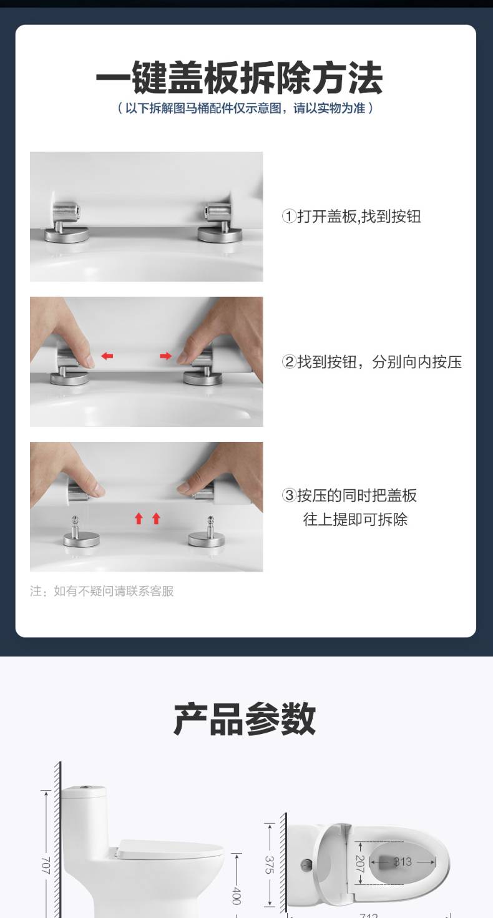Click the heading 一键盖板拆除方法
[x=240, y=77]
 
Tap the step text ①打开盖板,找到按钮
[x=351, y=217]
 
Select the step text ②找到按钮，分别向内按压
[x=372, y=362]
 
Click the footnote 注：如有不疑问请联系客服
[x=102, y=591]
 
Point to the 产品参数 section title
[x=245, y=719]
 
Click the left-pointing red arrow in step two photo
[x=107, y=356]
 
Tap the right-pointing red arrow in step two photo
[x=165, y=356]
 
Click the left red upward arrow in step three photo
[x=139, y=519]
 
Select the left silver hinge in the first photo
[x=66, y=222]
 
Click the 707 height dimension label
[x=46, y=865]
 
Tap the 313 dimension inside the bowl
[x=403, y=861]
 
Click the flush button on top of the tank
[x=85, y=787]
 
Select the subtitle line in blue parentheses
[x=245, y=108]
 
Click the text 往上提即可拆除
[x=355, y=520]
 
